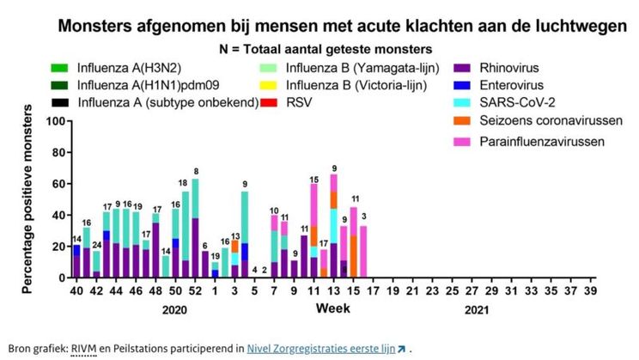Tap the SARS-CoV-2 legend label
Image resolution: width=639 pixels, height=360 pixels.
point(515,103)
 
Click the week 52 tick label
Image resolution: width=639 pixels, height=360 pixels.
point(195,292)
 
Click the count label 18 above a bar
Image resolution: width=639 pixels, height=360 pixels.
point(183,183)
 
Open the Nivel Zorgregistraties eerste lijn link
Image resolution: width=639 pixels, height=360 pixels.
point(319,348)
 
